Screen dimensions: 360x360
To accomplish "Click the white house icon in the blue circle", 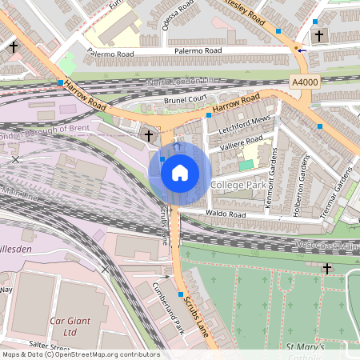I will tap(180, 172).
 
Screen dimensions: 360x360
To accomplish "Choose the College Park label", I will tap(237, 185).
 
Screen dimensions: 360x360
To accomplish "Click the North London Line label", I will tap(182, 82).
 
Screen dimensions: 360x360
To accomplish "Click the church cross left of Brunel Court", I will tap(149, 136).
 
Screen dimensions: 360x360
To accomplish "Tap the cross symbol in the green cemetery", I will tap(327, 267).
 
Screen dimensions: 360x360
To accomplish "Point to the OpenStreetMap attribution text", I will tap(80, 354).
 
